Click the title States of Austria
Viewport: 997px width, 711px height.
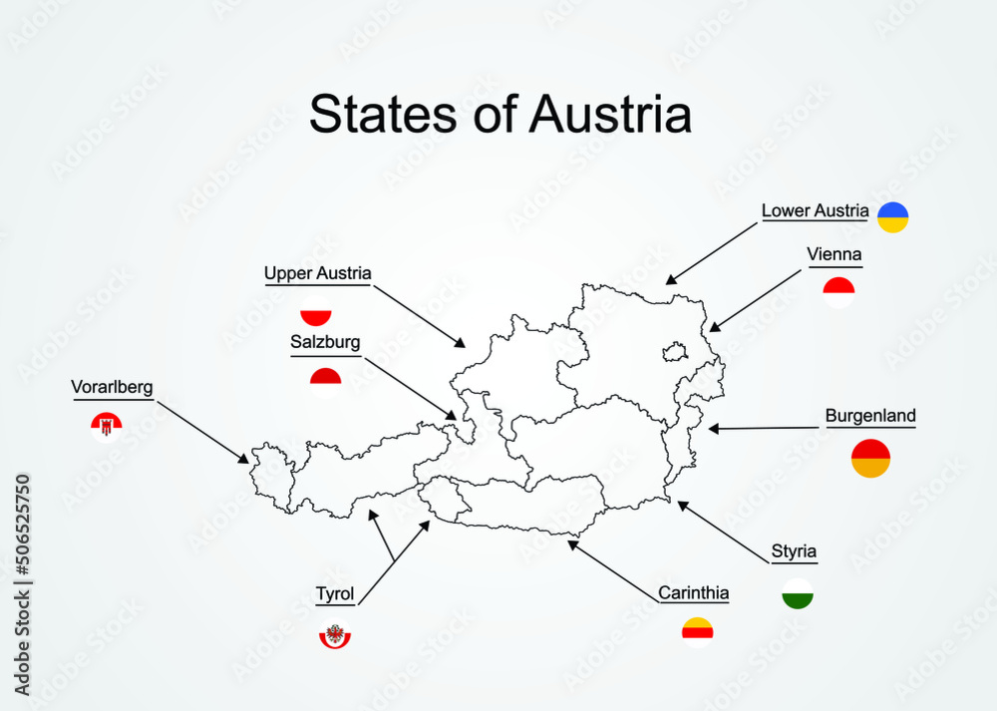tap(499, 115)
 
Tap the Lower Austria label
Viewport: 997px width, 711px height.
tap(815, 210)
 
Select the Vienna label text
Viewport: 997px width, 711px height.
tap(834, 254)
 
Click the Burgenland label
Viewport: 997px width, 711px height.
tap(869, 416)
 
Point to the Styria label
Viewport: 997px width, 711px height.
tap(794, 550)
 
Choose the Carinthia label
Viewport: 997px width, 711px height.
tap(693, 593)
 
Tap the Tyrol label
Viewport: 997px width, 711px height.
tap(335, 594)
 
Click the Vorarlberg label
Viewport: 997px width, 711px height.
tap(112, 387)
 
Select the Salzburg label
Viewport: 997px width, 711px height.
tap(325, 342)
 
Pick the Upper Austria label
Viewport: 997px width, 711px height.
tap(317, 272)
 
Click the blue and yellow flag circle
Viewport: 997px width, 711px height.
tap(892, 217)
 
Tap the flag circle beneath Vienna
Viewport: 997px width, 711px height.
tap(838, 292)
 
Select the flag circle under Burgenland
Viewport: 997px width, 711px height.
tap(870, 459)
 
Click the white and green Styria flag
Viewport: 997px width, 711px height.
tap(798, 593)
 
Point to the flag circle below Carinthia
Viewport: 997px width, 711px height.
tap(698, 632)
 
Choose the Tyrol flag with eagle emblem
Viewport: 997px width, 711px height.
tap(335, 635)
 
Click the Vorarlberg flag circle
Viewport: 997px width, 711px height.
tap(106, 428)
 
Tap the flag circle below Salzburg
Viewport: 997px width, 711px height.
tap(325, 382)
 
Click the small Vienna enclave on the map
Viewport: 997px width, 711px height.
tap(675, 351)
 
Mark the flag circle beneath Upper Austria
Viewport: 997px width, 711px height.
tap(315, 311)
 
